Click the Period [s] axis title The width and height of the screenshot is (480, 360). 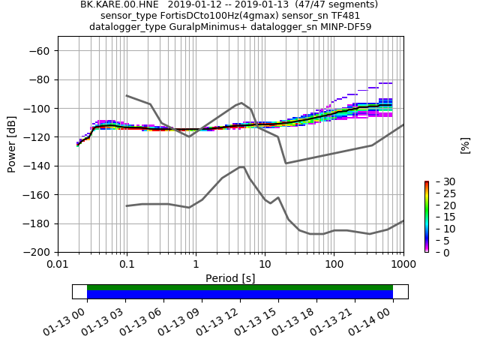point(230,278)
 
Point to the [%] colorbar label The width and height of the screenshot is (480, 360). point(465,145)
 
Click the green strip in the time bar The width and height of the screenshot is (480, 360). point(240,287)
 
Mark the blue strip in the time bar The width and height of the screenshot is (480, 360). point(240,295)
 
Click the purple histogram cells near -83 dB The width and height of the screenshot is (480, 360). point(385,83)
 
